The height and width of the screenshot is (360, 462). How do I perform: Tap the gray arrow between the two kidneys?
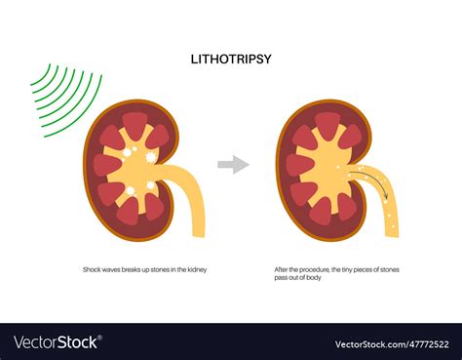click(233, 165)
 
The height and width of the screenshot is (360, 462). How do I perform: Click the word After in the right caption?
click(283, 268)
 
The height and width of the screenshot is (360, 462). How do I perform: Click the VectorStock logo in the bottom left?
click(54, 342)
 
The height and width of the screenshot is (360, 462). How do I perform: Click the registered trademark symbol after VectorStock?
click(100, 339)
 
